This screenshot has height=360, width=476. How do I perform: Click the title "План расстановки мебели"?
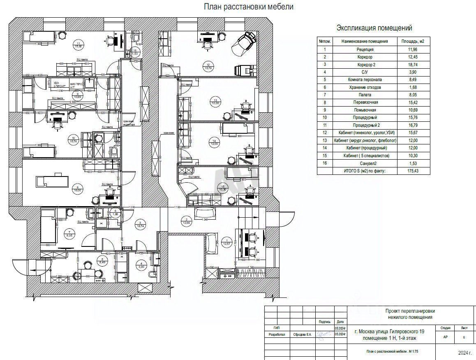click(x=249, y=7)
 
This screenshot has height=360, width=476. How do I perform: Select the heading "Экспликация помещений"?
click(x=374, y=28)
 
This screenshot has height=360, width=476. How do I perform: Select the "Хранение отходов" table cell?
click(x=365, y=87)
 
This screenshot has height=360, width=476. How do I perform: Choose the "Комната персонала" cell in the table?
click(x=365, y=80)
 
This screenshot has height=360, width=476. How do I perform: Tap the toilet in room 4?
click(x=153, y=274)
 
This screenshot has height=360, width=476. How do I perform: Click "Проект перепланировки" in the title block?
click(x=409, y=311)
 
